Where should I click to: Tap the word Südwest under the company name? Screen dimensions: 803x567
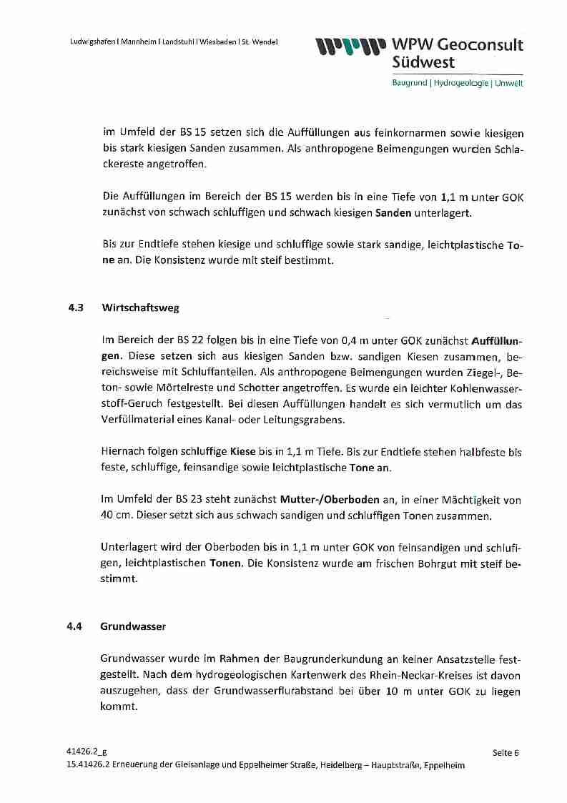point(423,63)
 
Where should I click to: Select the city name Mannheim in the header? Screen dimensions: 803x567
point(142,41)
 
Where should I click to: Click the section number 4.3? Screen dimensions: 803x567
point(76,308)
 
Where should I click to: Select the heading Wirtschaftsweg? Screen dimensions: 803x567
point(141,308)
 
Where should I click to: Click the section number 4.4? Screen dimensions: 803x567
point(75,626)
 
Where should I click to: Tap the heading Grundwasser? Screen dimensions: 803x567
point(133,626)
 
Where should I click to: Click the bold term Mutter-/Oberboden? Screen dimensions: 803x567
point(330,500)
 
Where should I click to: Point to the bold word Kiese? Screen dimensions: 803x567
point(244,452)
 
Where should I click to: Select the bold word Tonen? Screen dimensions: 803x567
point(225,563)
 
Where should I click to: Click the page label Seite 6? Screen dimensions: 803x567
point(506,752)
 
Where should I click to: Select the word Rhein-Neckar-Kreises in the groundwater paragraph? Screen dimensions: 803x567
point(413,676)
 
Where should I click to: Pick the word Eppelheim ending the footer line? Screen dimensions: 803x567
point(444,765)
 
